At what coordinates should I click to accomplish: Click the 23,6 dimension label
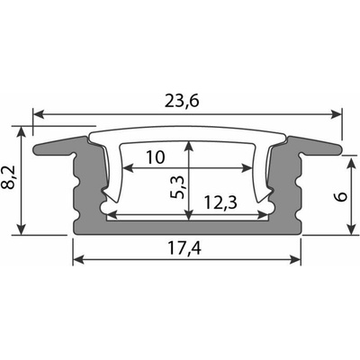182,102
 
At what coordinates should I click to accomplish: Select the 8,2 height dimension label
9,180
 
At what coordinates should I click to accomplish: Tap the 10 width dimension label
155,157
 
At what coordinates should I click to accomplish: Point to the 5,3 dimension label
177,188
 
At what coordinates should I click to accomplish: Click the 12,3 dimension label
220,202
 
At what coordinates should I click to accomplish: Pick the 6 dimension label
341,197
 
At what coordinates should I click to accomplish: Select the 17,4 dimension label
184,248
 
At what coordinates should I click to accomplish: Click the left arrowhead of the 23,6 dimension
39,114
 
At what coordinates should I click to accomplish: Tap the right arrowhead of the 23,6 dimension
337,114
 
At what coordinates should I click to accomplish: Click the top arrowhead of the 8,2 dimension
21,132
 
